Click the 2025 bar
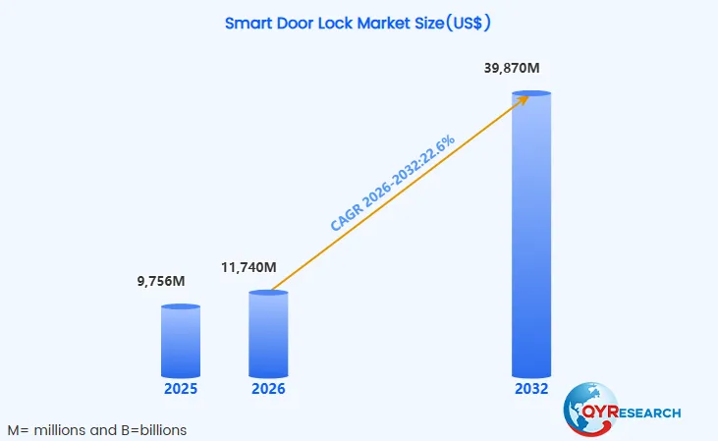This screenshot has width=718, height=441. click(x=180, y=342)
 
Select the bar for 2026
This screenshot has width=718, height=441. click(x=268, y=336)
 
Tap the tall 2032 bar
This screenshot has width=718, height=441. click(x=531, y=236)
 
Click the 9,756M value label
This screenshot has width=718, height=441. click(x=161, y=282)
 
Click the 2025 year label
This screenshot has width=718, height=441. click(x=181, y=389)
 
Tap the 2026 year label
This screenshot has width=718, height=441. click(x=268, y=389)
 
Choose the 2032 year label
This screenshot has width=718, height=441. click(x=531, y=389)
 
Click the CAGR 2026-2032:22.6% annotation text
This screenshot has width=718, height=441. click(x=393, y=184)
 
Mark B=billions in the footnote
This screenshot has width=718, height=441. click(x=155, y=430)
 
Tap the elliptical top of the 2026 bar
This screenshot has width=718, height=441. click(x=268, y=294)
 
